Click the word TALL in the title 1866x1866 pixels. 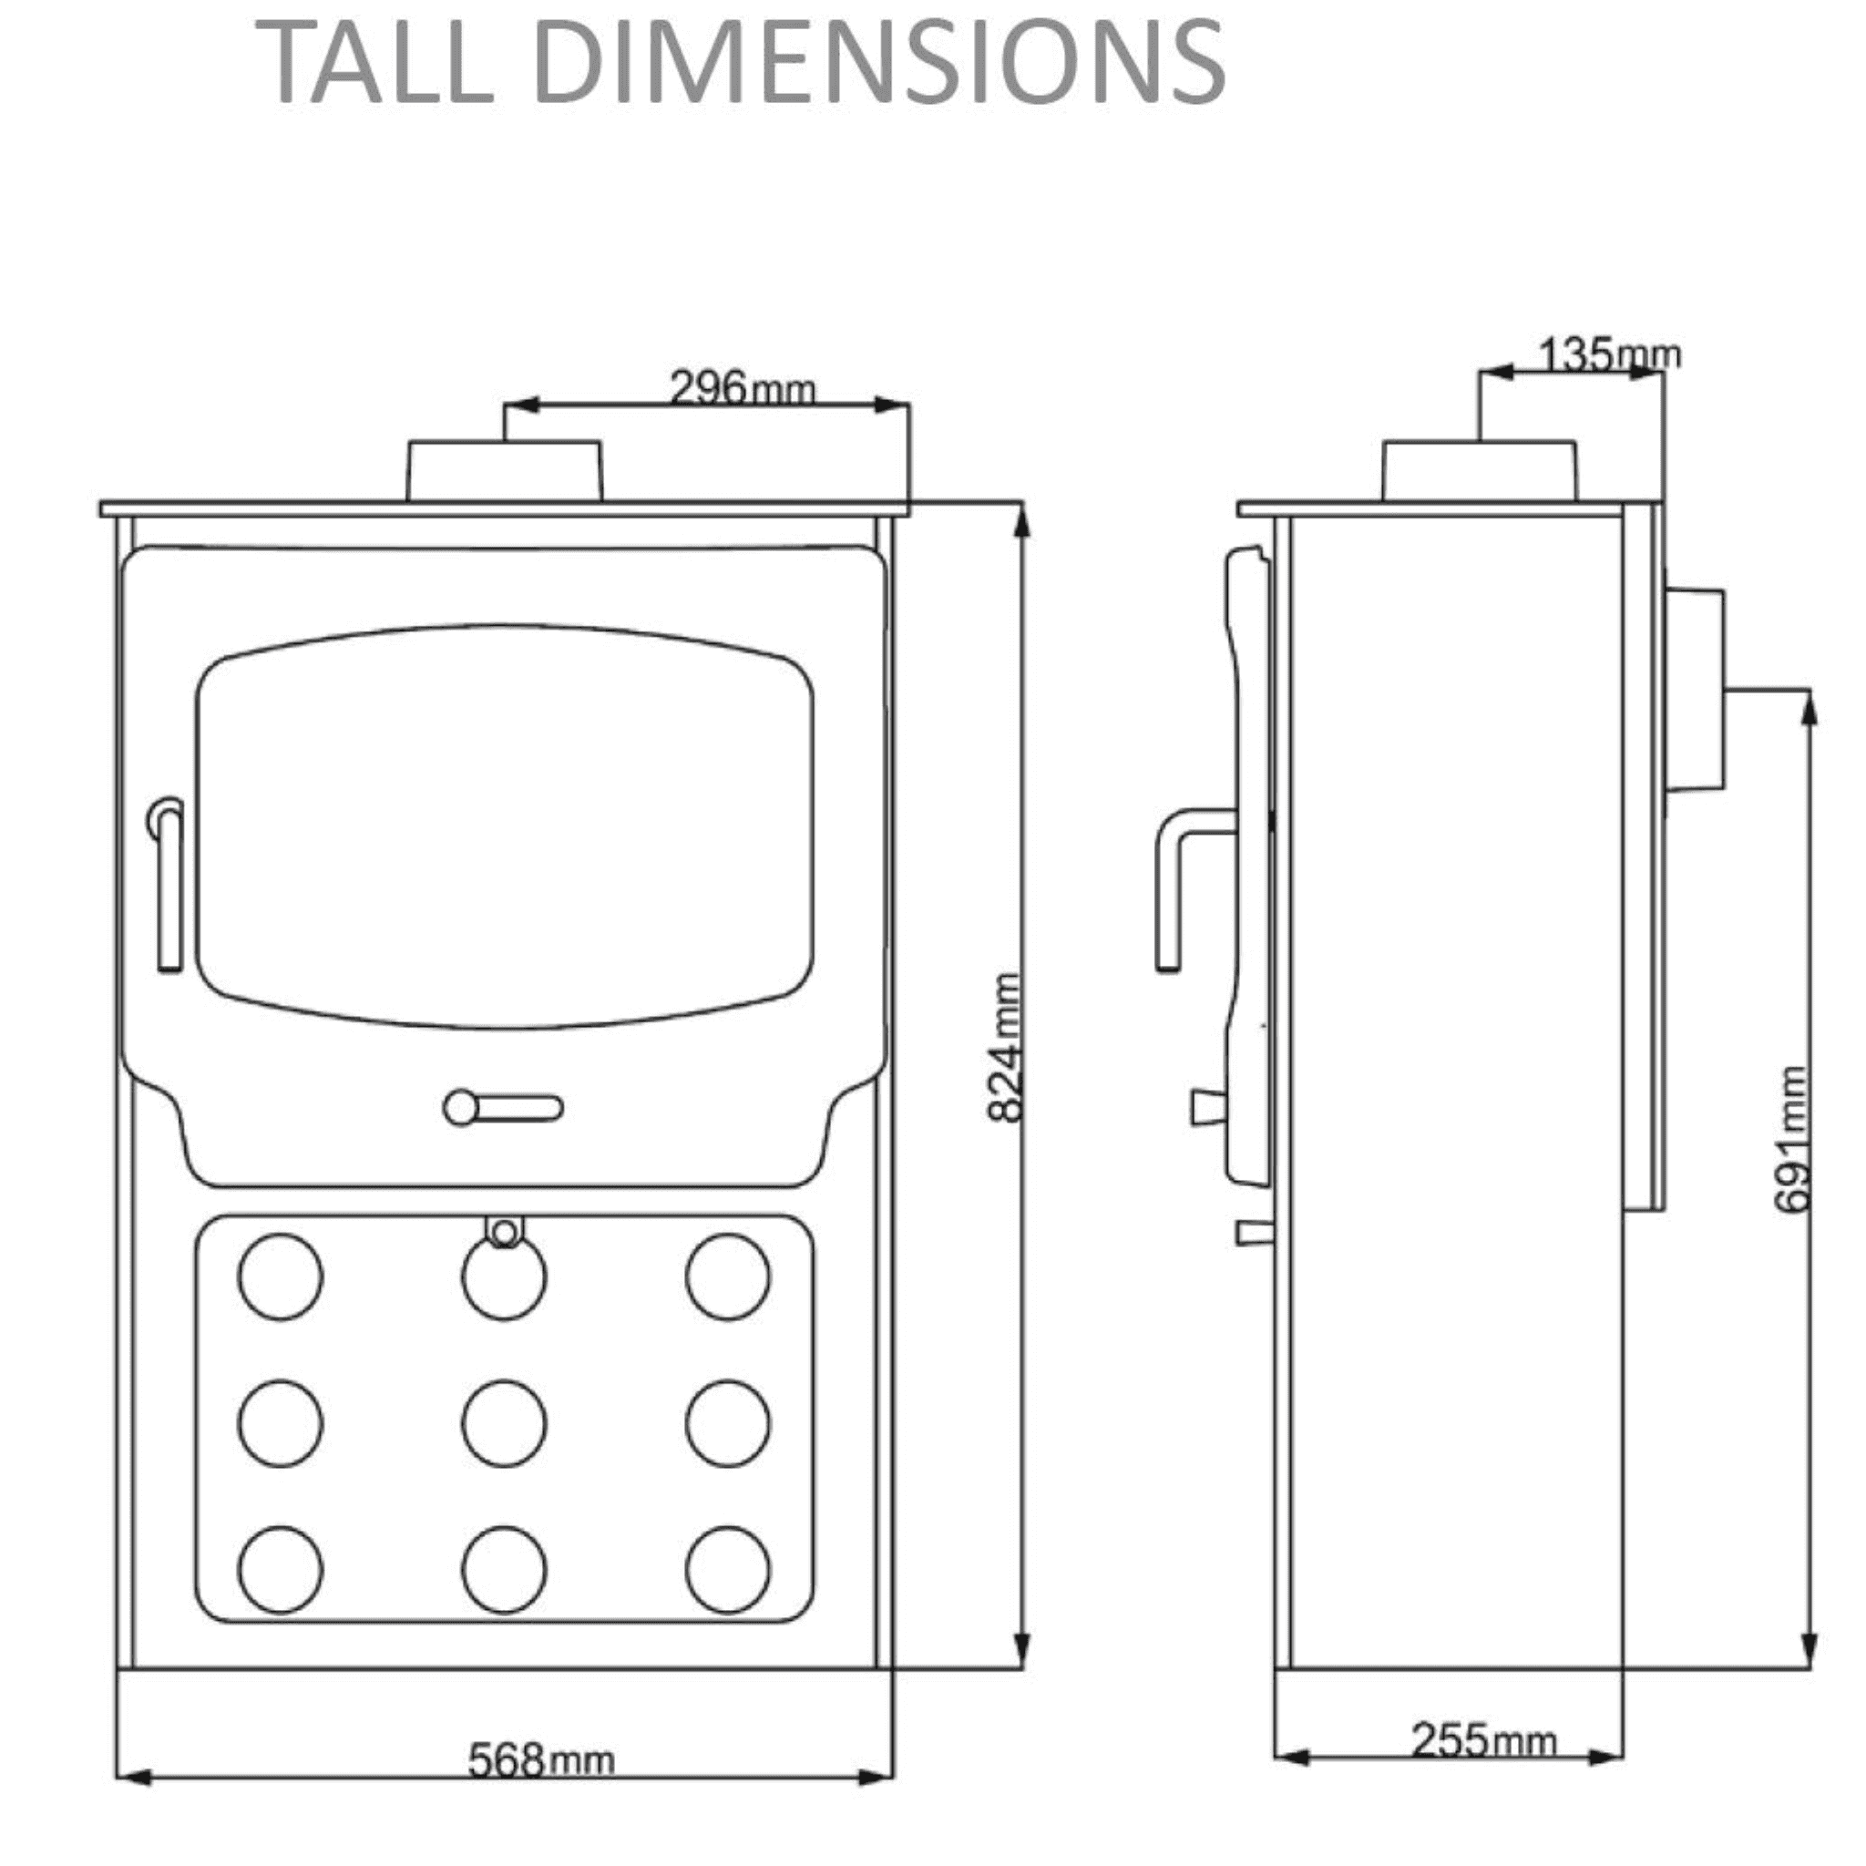pyautogui.click(x=376, y=63)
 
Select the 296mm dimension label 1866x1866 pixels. pyautogui.click(x=742, y=388)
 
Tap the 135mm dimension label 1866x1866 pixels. pyautogui.click(x=1608, y=354)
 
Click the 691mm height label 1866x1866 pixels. pyautogui.click(x=1792, y=1140)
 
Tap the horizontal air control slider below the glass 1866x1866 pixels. pyautogui.click(x=503, y=1108)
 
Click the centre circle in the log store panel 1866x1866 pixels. pyautogui.click(x=504, y=1424)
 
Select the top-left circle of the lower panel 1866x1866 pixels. pyautogui.click(x=280, y=1276)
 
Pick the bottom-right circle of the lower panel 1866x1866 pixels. pyautogui.click(x=728, y=1571)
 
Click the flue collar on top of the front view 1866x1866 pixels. pyautogui.click(x=504, y=471)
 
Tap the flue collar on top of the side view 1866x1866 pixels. pyautogui.click(x=1480, y=471)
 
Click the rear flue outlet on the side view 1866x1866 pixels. pyautogui.click(x=1695, y=691)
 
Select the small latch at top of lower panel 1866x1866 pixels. pyautogui.click(x=503, y=1233)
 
